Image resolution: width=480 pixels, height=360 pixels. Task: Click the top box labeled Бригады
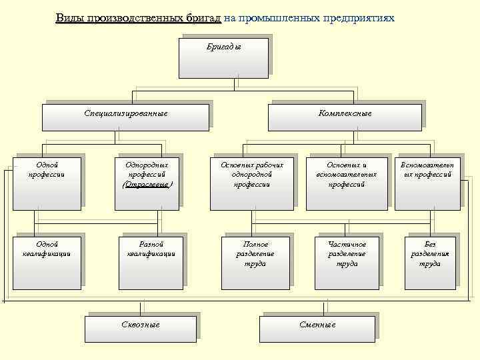(x=223, y=58)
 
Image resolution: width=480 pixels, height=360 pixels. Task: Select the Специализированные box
(x=125, y=115)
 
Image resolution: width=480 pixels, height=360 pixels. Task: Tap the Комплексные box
(x=345, y=115)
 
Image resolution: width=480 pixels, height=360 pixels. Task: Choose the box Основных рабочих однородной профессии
(x=252, y=183)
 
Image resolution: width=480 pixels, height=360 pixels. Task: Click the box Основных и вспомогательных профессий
(x=347, y=183)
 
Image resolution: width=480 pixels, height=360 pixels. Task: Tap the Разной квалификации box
(x=151, y=262)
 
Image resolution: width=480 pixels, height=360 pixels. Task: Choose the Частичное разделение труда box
(x=347, y=262)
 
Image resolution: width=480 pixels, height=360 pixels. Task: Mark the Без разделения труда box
(x=429, y=262)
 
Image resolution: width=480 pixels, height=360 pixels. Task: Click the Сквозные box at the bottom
(x=140, y=326)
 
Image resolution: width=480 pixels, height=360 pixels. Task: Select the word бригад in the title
(x=199, y=18)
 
